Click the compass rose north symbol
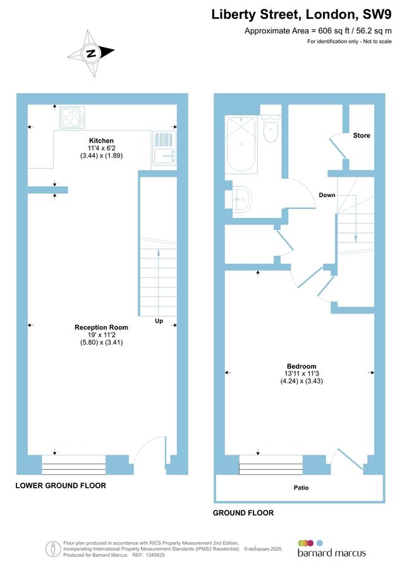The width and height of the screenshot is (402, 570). [x=91, y=53]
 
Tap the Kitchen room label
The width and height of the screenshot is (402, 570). [x=101, y=140]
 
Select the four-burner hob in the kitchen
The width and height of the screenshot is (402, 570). [x=73, y=118]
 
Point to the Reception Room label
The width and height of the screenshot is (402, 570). [x=101, y=327]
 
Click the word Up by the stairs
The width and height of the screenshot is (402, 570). [x=159, y=321]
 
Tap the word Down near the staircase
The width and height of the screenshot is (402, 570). [x=327, y=194]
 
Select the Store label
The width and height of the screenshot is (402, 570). [x=362, y=136]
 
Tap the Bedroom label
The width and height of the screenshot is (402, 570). [x=301, y=367]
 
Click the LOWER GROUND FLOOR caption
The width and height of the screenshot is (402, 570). [x=61, y=486]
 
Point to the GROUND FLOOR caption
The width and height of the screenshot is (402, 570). [x=243, y=513]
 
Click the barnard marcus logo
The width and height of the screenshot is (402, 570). [x=331, y=548]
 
